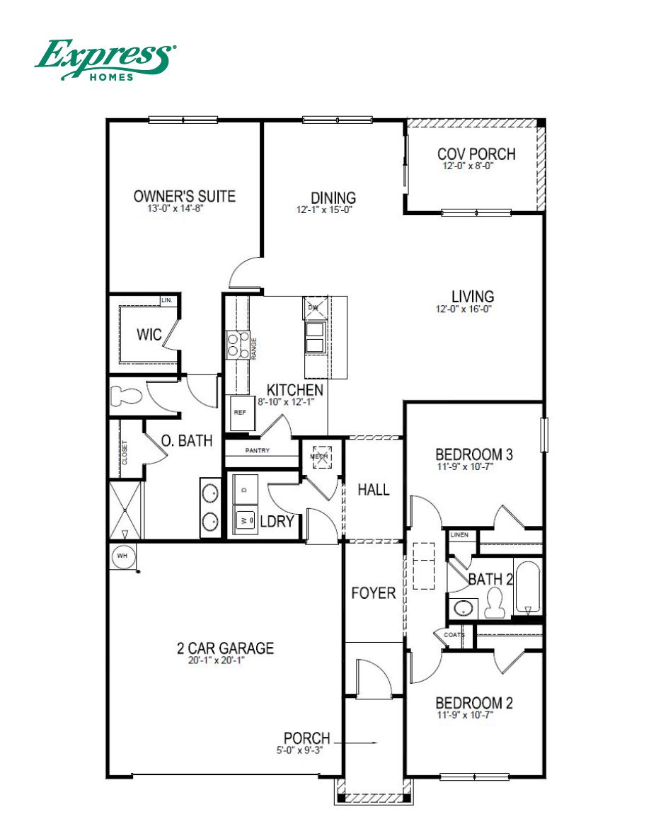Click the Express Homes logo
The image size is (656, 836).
pyautogui.click(x=105, y=59)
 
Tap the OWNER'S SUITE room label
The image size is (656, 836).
pyautogui.click(x=185, y=196)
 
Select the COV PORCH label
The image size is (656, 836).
pyautogui.click(x=476, y=154)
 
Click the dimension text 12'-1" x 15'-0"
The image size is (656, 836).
pyautogui.click(x=325, y=210)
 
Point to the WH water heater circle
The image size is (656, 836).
pyautogui.click(x=122, y=556)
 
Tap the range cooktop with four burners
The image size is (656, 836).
pyautogui.click(x=237, y=345)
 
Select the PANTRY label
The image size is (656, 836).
pyautogui.click(x=258, y=451)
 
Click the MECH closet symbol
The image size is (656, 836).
pyautogui.click(x=321, y=455)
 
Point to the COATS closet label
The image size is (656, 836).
pyautogui.click(x=454, y=635)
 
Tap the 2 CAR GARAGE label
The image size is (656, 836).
pyautogui.click(x=224, y=648)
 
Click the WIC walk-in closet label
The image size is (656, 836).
pyautogui.click(x=149, y=335)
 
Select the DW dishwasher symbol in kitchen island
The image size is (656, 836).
pyautogui.click(x=314, y=307)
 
